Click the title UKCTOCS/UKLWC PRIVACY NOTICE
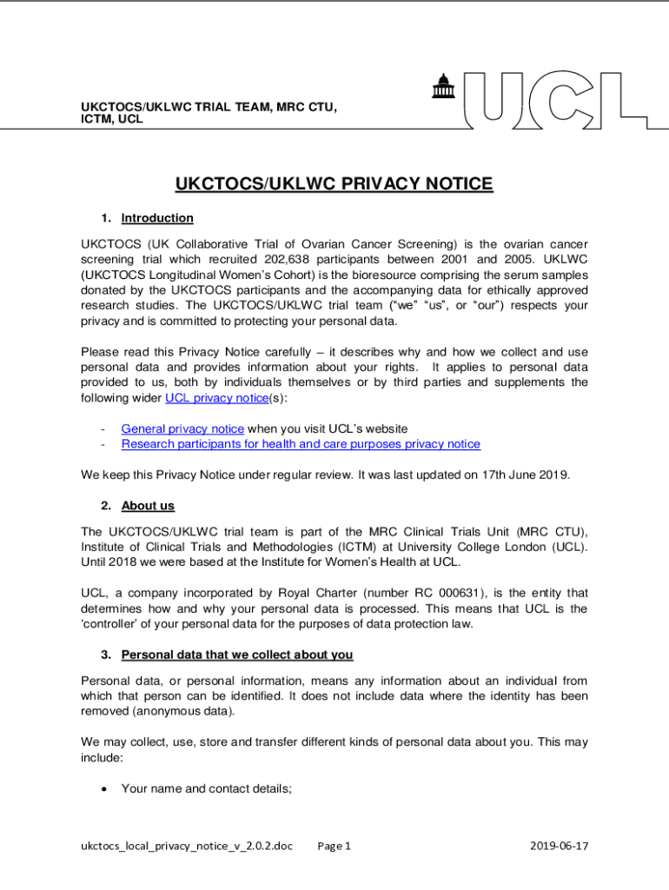click(x=334, y=184)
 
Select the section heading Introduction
click(x=157, y=218)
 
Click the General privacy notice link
click(x=182, y=428)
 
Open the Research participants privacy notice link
click(x=301, y=444)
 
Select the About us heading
click(x=148, y=506)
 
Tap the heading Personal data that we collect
click(x=236, y=654)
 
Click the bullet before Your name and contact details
click(x=104, y=789)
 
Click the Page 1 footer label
click(x=334, y=846)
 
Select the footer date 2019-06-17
click(x=559, y=846)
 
